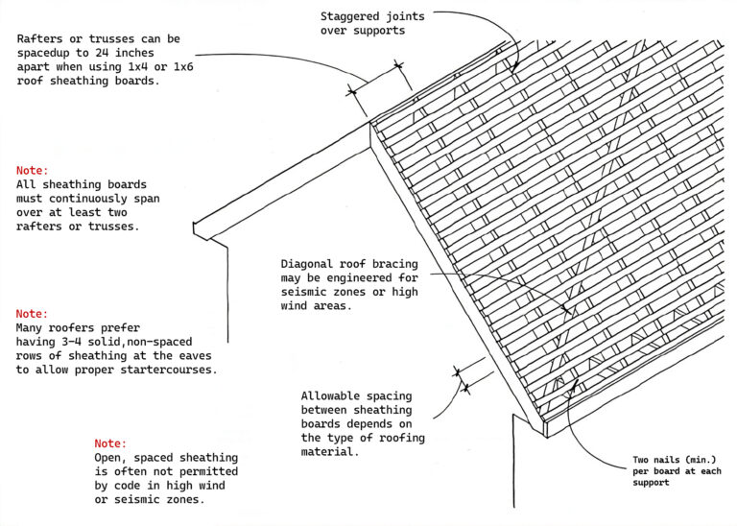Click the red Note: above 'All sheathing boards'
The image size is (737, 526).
pos(34,170)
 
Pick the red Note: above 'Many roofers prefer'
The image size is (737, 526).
pos(34,313)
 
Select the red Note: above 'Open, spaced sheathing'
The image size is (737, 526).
pos(111,443)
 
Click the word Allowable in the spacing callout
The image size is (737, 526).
pos(332,395)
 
